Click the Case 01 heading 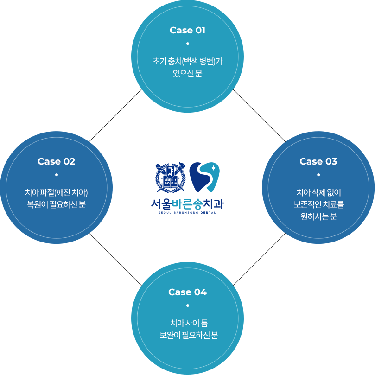187,31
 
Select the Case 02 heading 56,161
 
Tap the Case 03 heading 318,161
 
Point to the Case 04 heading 187,292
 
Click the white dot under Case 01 187,44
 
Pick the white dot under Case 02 56,175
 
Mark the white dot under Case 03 318,175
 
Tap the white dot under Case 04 187,305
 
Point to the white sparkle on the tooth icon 213,168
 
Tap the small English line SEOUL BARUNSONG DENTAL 187,212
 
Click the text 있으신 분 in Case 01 187,73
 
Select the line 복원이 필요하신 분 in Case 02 56,204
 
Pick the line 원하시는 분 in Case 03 318,216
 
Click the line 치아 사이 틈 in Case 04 187,323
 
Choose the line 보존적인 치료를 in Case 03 318,204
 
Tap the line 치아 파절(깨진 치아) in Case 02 56,192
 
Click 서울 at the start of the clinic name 161,203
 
